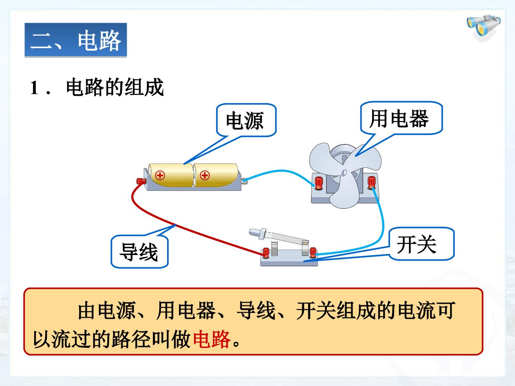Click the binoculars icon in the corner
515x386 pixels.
(x=484, y=28)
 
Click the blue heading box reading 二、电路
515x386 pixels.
(x=76, y=40)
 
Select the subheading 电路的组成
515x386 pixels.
(x=115, y=87)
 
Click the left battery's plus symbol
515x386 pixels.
(x=160, y=175)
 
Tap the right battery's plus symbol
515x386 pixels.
(x=205, y=175)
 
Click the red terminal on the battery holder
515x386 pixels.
(x=141, y=181)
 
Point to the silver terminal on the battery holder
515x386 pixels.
(x=244, y=181)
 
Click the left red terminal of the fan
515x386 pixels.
(x=319, y=183)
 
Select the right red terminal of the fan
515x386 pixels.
(x=372, y=182)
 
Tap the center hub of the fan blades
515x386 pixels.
(x=344, y=173)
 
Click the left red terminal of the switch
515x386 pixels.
(x=266, y=253)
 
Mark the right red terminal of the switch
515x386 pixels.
(x=313, y=252)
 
